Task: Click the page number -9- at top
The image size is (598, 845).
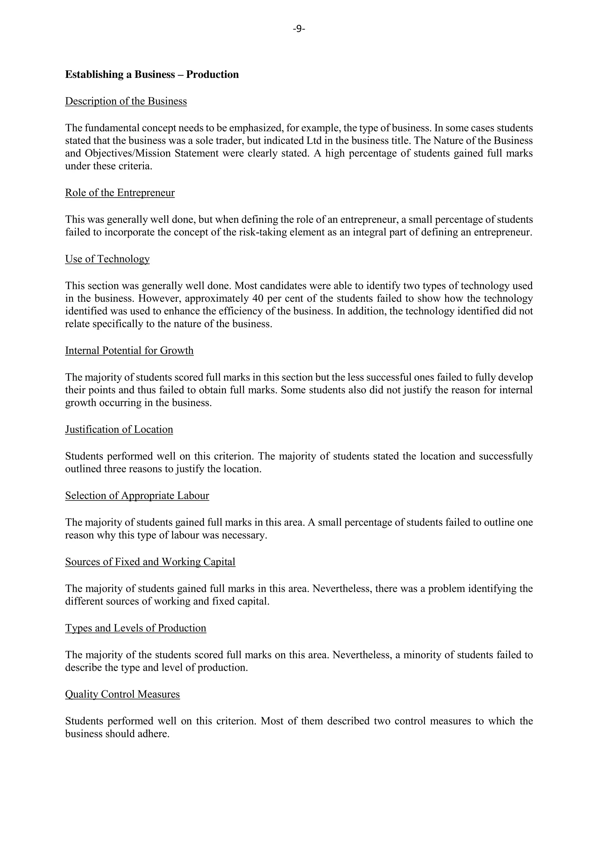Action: (x=299, y=29)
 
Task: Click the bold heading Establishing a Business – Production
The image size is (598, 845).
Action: (x=152, y=75)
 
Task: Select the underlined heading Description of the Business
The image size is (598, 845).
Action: (x=126, y=101)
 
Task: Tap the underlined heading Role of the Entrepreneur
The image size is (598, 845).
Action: (x=120, y=193)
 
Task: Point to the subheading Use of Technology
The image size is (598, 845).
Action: (x=107, y=259)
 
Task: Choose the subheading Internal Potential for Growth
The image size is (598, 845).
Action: (x=129, y=351)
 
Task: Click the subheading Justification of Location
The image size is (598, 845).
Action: (x=119, y=430)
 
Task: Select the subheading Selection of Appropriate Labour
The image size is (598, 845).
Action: (x=137, y=496)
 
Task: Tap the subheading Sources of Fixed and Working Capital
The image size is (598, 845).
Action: (x=150, y=562)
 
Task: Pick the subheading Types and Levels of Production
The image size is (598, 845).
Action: (x=135, y=628)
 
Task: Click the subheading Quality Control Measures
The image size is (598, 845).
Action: (x=122, y=694)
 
